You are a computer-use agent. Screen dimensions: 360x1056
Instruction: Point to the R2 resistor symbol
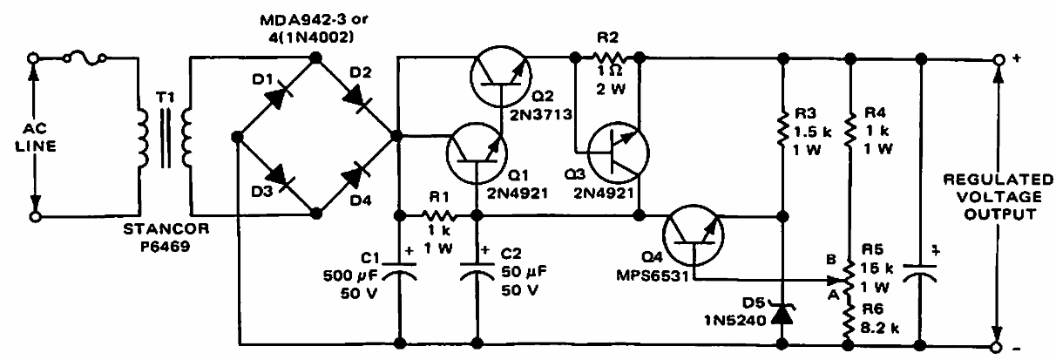(x=606, y=58)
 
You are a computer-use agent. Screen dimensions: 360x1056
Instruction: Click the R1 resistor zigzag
(x=437, y=214)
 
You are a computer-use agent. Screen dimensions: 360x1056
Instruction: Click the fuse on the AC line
(x=86, y=58)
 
